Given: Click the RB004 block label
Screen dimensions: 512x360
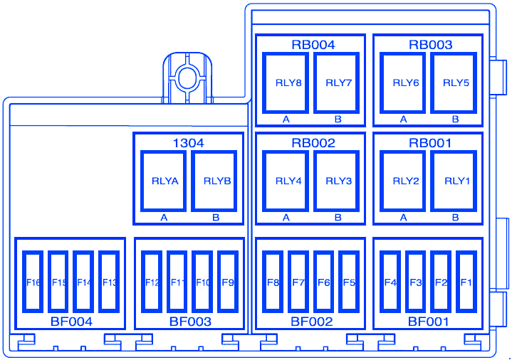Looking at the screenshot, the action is pyautogui.click(x=313, y=45).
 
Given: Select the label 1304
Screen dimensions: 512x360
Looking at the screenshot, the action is pyautogui.click(x=189, y=143).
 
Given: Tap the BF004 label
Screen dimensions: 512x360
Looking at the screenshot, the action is pyautogui.click(x=71, y=322).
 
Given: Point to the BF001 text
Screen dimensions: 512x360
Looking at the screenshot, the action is pyautogui.click(x=429, y=322).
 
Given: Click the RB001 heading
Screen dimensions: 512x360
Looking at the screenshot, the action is pyautogui.click(x=430, y=143).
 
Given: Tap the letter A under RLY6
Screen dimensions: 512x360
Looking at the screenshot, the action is pyautogui.click(x=404, y=120).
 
